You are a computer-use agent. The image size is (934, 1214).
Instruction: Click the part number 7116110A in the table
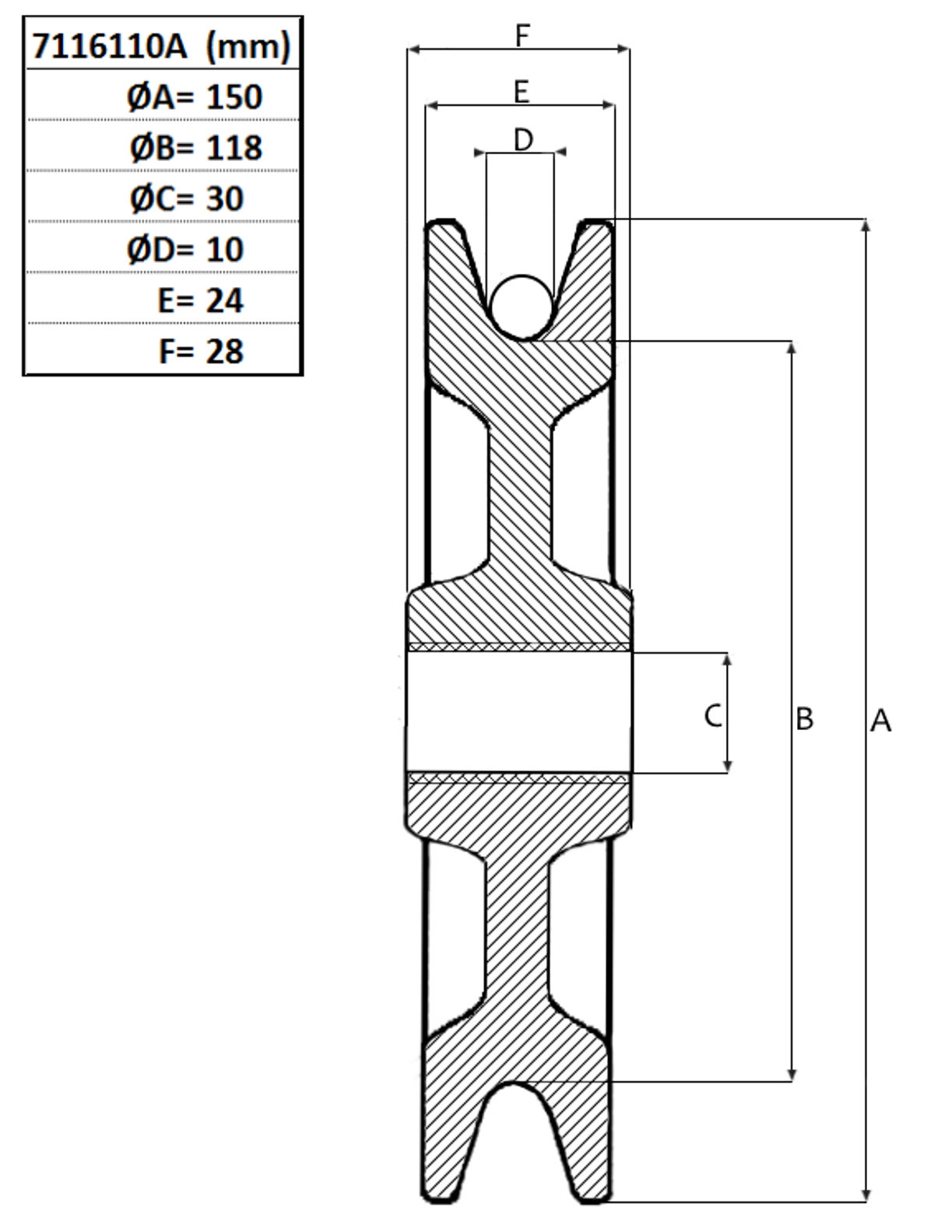click(x=110, y=46)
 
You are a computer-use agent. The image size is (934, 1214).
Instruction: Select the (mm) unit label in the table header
click(x=248, y=47)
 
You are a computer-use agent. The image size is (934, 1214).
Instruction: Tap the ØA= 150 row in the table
click(x=195, y=96)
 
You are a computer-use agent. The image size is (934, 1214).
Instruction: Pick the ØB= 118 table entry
click(x=196, y=148)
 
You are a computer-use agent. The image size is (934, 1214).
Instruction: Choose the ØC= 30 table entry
click(x=187, y=198)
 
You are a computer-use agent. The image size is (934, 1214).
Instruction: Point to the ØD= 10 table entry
click(x=185, y=249)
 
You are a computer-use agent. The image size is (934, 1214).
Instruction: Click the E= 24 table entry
click(x=201, y=300)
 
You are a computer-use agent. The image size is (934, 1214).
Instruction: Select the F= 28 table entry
click(x=201, y=352)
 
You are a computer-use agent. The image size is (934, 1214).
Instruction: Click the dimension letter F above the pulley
click(x=521, y=36)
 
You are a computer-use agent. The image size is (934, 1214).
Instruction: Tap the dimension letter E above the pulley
click(x=521, y=92)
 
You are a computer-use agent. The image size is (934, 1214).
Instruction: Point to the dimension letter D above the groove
click(x=523, y=140)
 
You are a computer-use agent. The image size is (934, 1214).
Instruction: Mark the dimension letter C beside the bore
click(x=713, y=716)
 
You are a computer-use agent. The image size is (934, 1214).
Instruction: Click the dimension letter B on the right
click(x=804, y=720)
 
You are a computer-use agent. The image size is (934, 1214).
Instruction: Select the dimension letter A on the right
click(x=880, y=721)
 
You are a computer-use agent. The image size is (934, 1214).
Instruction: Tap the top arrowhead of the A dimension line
click(x=866, y=225)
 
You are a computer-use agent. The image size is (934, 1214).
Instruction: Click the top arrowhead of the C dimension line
click(x=727, y=659)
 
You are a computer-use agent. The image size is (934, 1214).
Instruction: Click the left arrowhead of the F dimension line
click(x=415, y=50)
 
